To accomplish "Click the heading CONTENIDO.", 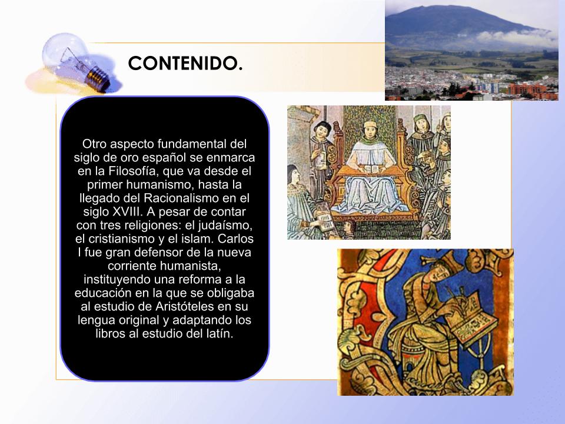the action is coord(185,63).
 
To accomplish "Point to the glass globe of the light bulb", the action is coord(65,52).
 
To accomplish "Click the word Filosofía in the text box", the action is coord(135,171).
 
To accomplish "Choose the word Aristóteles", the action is coord(184,306).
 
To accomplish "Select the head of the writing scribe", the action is coord(443,273).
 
